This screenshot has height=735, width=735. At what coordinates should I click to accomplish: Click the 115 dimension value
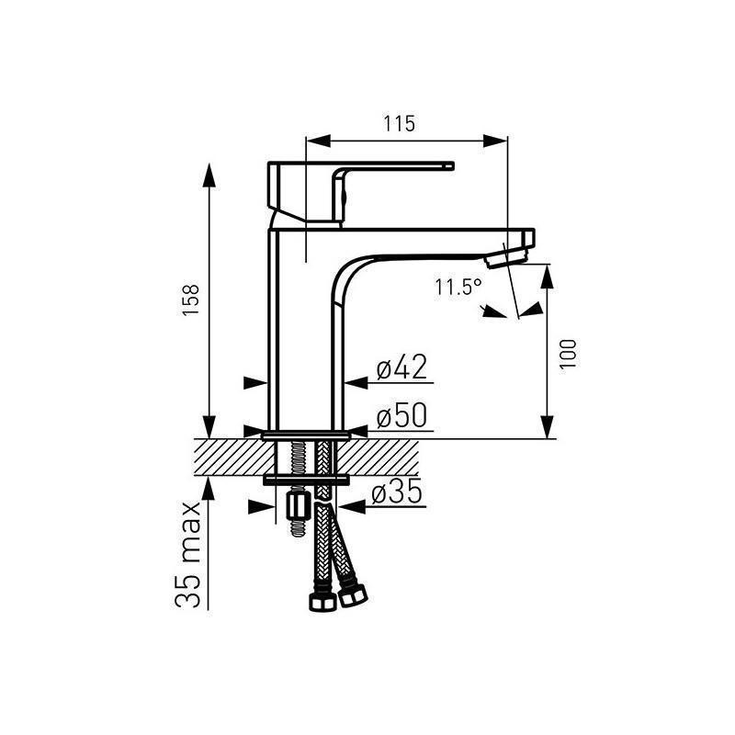[400, 124]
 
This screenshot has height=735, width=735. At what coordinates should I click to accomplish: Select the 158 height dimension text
[192, 300]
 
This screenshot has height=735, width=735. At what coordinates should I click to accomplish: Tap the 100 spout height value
[568, 354]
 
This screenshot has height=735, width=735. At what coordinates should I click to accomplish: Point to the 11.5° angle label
[458, 287]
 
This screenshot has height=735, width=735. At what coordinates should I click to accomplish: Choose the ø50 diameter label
[402, 415]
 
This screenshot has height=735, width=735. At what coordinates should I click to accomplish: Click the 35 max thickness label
[188, 555]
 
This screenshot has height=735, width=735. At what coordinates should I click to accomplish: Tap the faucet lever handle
[361, 192]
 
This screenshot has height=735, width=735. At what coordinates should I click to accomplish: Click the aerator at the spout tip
[506, 258]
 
